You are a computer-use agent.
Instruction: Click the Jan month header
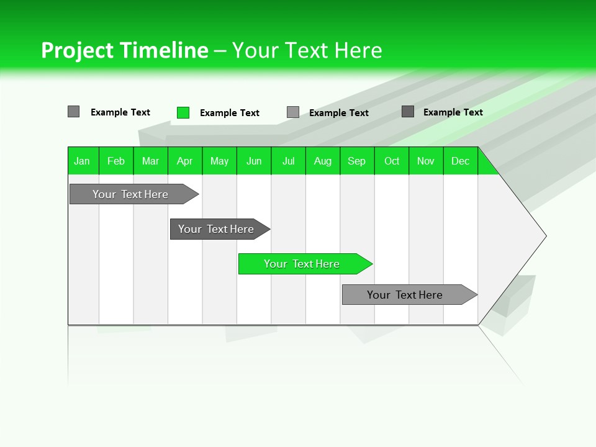pyautogui.click(x=82, y=161)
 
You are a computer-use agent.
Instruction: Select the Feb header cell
pyautogui.click(x=116, y=161)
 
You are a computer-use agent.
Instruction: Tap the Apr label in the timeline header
pyautogui.click(x=184, y=161)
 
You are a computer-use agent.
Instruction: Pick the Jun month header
pyautogui.click(x=254, y=161)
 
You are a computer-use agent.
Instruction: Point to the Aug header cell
pyautogui.click(x=322, y=161)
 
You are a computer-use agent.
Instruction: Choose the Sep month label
pyautogui.click(x=356, y=161)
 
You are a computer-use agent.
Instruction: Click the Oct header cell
pyautogui.click(x=392, y=161)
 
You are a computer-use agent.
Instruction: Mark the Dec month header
pyautogui.click(x=460, y=161)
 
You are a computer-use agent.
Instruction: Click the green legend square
pyautogui.click(x=183, y=112)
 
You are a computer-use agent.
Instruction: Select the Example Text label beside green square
pyautogui.click(x=229, y=113)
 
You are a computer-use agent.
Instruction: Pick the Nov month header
pyautogui.click(x=426, y=161)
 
